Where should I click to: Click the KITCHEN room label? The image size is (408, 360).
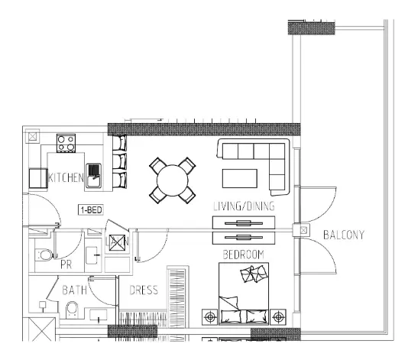(66, 178)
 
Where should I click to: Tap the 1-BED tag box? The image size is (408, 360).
(91, 209)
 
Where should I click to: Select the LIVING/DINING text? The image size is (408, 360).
(244, 206)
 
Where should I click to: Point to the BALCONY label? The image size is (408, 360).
(344, 235)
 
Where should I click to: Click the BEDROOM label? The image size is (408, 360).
(244, 255)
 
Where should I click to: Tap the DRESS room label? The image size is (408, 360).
(144, 290)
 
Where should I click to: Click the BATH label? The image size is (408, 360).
(74, 290)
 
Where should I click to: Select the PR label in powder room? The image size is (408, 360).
(66, 264)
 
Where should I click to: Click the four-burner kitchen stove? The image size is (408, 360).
(66, 143)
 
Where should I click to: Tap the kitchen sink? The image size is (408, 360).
(94, 176)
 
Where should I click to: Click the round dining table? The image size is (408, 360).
(173, 180)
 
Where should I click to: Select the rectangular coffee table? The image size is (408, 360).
(240, 178)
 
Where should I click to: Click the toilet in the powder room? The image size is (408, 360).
(45, 255)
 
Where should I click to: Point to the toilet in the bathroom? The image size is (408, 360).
(72, 310)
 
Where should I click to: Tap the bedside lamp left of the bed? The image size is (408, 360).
(209, 317)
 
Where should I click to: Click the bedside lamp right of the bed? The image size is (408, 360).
(278, 317)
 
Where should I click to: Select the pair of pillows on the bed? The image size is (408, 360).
(254, 274)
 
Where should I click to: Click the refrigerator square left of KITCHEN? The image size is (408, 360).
(38, 178)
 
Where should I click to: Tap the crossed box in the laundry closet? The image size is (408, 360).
(117, 242)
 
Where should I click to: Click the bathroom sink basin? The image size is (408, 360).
(98, 315)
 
